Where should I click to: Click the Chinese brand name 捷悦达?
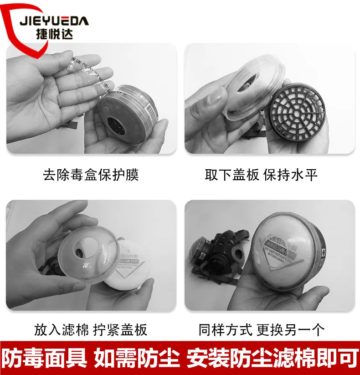pyautogui.click(x=54, y=34)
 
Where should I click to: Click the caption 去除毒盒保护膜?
pyautogui.click(x=91, y=175)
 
